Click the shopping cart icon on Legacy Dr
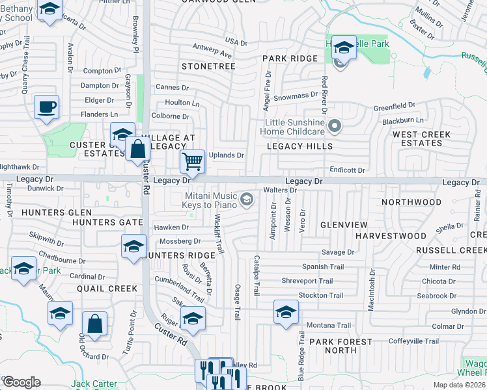192,161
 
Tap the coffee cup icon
46,106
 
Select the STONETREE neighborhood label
208,66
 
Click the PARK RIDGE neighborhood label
290,58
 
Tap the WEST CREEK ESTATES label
421,138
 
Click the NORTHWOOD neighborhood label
411,202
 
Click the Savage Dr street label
337,252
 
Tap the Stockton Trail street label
320,295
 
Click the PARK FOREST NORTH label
332,346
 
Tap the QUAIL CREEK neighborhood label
107,289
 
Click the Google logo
21,382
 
